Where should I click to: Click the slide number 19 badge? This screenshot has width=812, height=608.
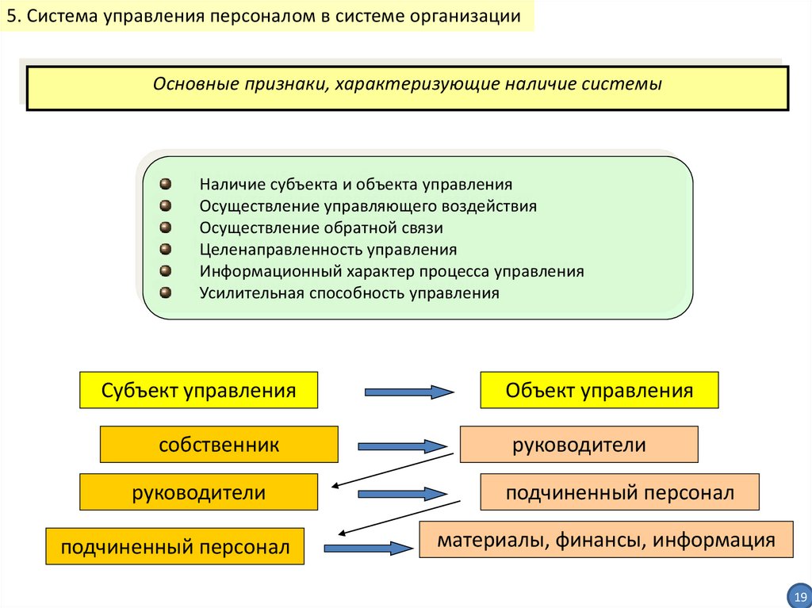pyautogui.click(x=799, y=595)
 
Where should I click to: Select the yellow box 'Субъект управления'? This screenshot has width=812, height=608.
pyautogui.click(x=198, y=390)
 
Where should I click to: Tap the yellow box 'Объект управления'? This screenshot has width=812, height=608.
pyautogui.click(x=599, y=390)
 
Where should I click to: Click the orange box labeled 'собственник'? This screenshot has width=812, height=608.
pyautogui.click(x=219, y=444)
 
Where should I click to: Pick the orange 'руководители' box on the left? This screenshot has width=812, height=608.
pyautogui.click(x=198, y=492)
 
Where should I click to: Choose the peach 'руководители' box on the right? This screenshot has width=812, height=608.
pyautogui.click(x=579, y=445)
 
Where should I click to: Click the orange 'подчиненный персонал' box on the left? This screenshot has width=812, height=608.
pyautogui.click(x=175, y=546)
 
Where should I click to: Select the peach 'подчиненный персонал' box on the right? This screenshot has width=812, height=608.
pyautogui.click(x=619, y=492)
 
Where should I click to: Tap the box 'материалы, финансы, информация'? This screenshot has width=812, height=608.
pyautogui.click(x=606, y=540)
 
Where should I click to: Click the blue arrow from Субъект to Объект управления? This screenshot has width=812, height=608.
pyautogui.click(x=408, y=391)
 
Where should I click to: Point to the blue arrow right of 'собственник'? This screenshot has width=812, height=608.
pyautogui.click(x=402, y=446)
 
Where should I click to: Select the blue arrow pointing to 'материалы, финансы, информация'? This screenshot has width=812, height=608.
pyautogui.click(x=368, y=547)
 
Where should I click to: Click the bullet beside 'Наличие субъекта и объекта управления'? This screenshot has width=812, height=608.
pyautogui.click(x=165, y=184)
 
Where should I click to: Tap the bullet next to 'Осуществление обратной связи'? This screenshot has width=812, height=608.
pyautogui.click(x=165, y=228)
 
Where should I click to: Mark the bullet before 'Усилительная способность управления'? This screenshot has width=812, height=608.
pyautogui.click(x=165, y=292)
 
